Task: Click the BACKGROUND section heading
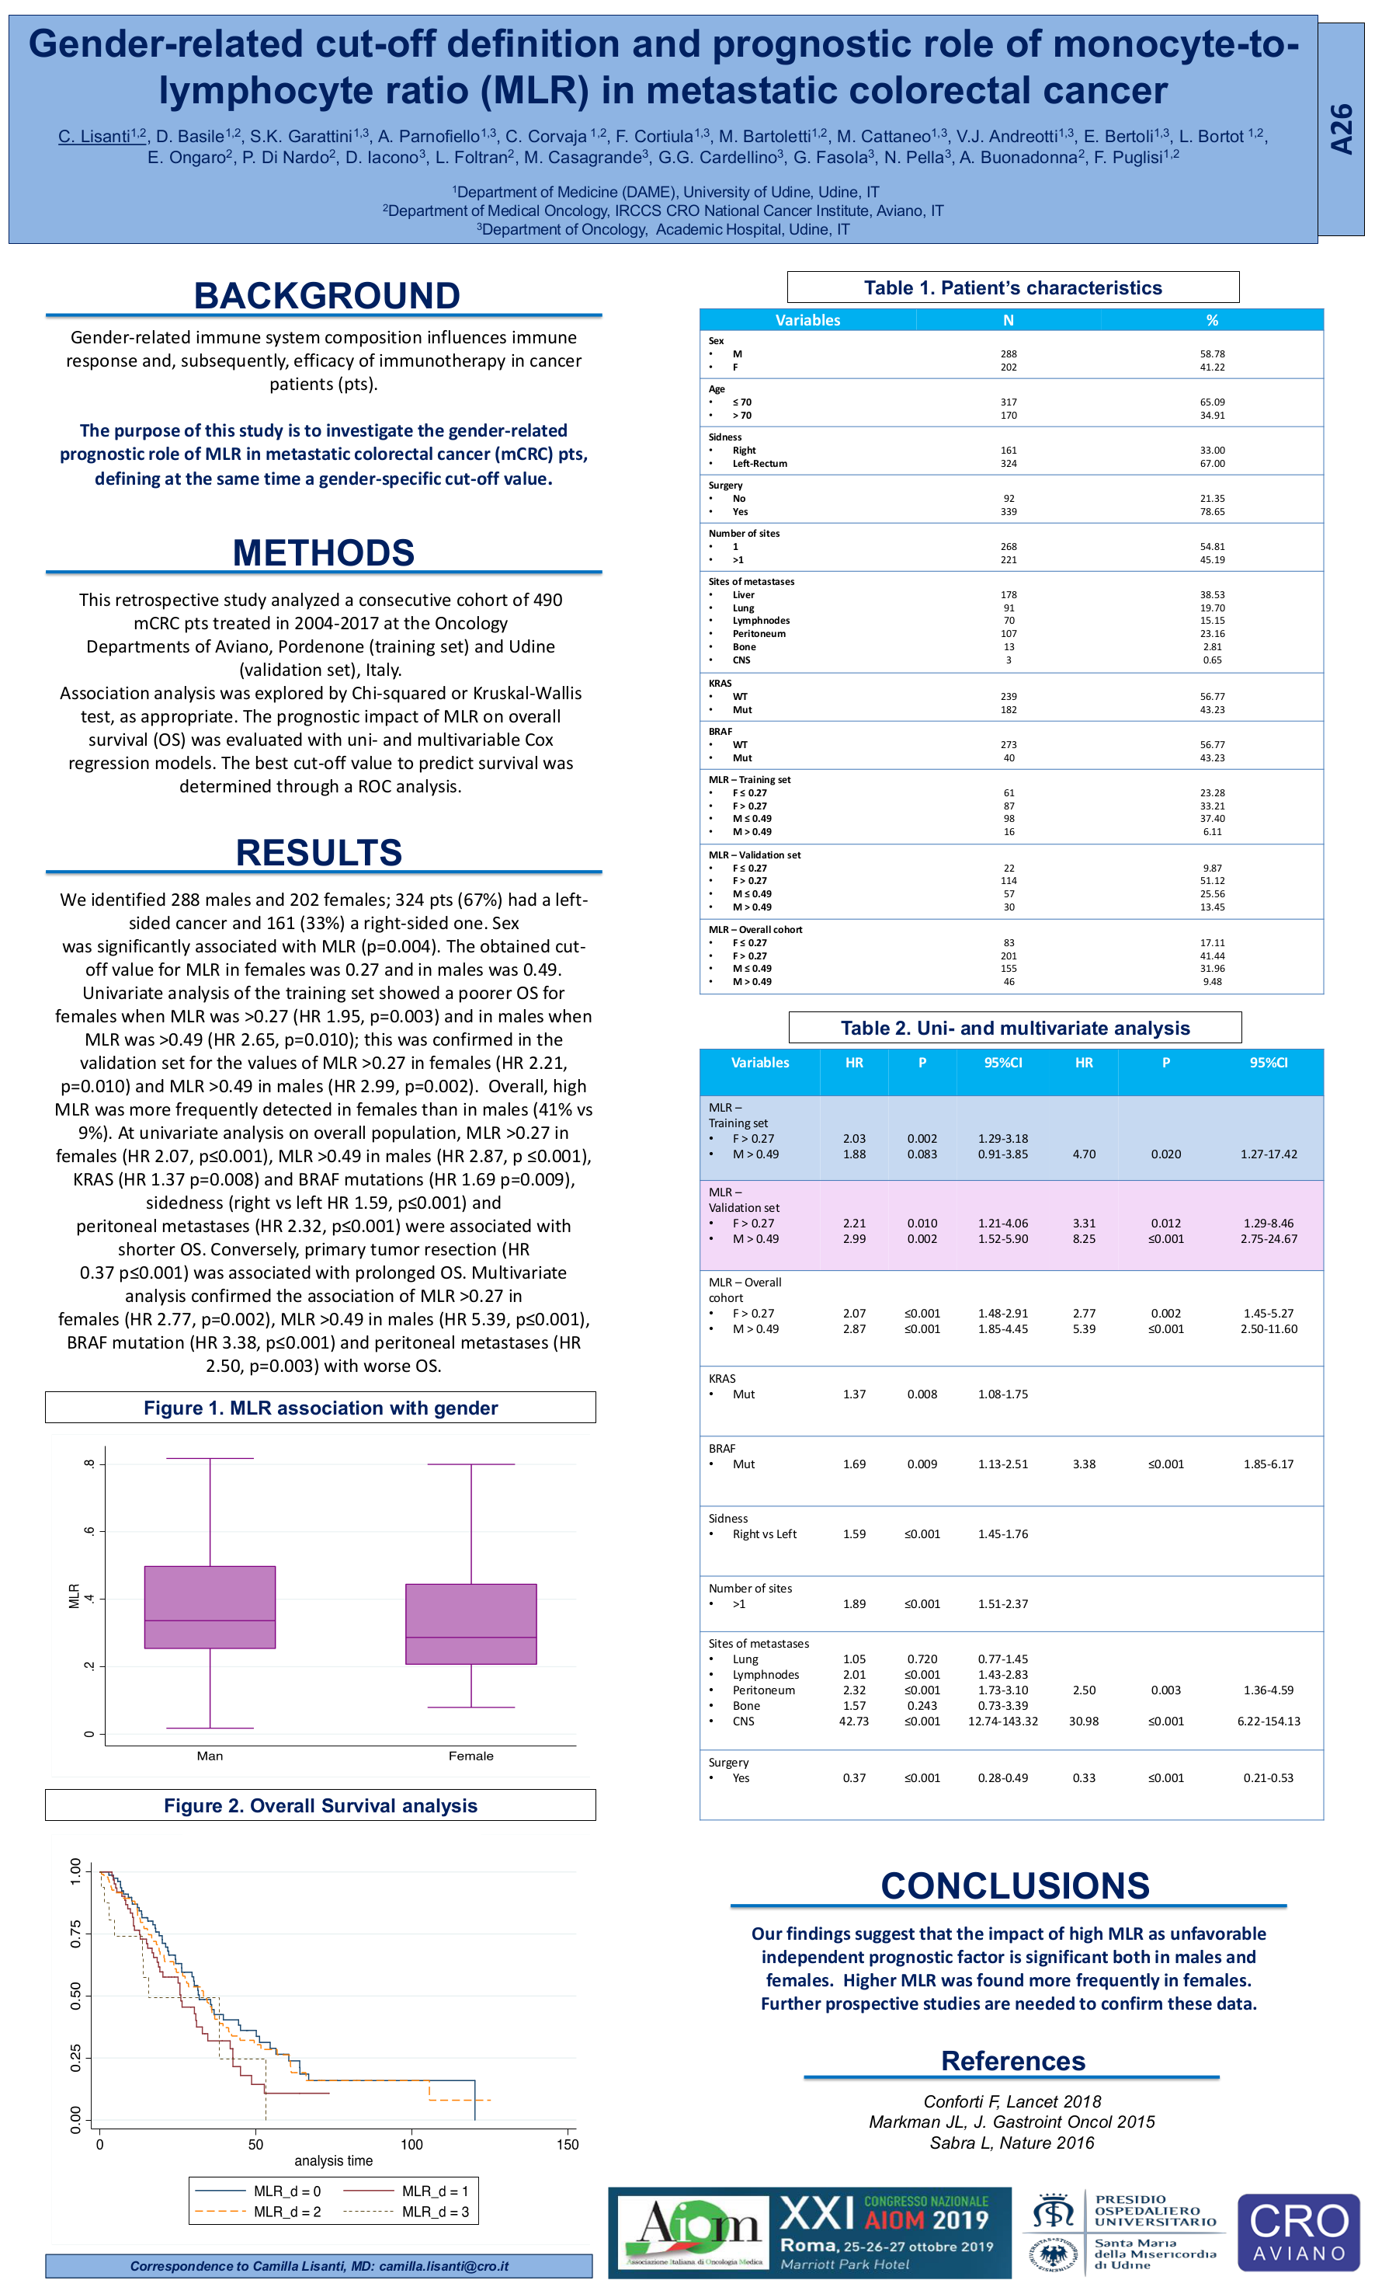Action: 326,296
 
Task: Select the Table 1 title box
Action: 1012,287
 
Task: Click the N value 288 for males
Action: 1008,354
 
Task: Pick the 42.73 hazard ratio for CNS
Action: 853,1721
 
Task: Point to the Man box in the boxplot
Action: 210,1606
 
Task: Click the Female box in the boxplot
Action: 470,1623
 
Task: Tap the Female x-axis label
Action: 470,1756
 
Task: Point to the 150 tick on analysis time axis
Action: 567,2144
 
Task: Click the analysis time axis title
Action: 334,2160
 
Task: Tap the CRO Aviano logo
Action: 1298,2233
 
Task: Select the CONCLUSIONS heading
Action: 1015,1886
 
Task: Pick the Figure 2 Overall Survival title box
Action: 321,1805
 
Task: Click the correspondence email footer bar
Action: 319,2266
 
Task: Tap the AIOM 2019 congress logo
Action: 809,2233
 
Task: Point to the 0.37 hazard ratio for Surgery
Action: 853,1777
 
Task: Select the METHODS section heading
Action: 323,552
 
